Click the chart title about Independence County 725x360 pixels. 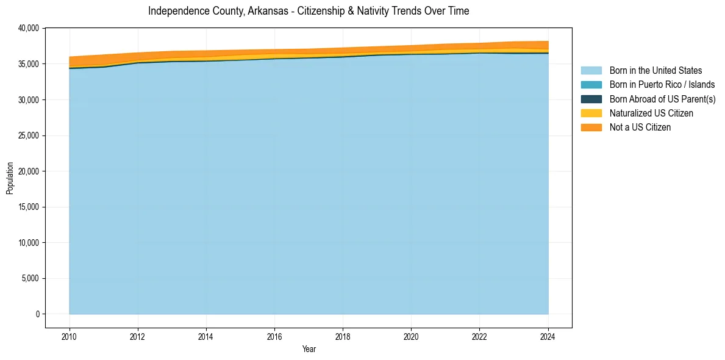point(309,11)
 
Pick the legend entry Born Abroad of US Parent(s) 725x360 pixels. point(662,99)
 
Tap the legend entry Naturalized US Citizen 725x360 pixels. point(651,113)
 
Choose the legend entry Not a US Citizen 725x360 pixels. point(640,127)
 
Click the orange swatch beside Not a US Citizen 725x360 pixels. point(591,127)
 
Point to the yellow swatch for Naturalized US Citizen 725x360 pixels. point(591,113)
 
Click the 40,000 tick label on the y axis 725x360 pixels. point(29,28)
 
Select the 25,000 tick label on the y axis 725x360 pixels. point(29,135)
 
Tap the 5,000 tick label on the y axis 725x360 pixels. point(30,278)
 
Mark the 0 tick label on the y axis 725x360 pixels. point(37,314)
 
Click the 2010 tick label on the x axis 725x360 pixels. point(70,336)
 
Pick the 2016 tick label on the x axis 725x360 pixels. point(274,336)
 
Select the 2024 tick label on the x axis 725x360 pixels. point(548,336)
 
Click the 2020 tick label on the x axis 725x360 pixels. point(412,336)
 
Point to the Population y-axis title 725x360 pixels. point(10,178)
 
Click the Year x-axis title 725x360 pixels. point(309,349)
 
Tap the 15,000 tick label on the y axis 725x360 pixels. point(29,207)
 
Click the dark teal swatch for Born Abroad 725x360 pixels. point(591,99)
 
